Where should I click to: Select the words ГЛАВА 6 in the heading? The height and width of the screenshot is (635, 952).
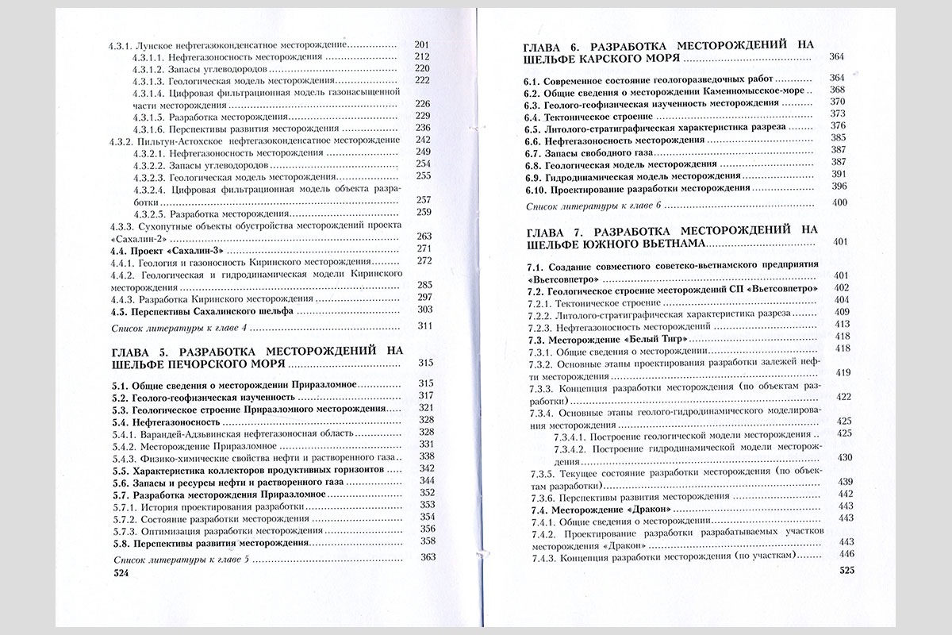(552, 45)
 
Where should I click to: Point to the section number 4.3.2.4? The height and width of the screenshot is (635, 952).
(148, 190)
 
